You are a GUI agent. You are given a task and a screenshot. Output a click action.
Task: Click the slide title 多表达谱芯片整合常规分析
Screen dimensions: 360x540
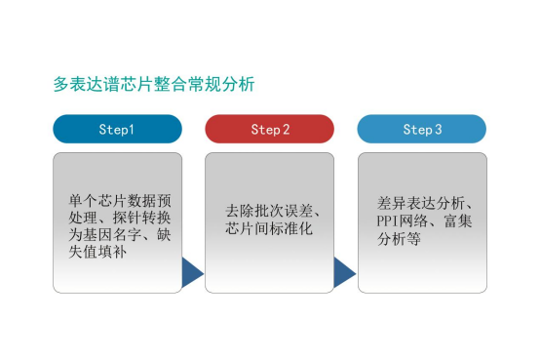coord(153,85)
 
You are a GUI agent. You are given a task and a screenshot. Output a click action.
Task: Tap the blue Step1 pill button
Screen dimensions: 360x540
coord(117,129)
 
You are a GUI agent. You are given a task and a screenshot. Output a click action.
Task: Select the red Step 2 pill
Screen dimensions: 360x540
coord(269,129)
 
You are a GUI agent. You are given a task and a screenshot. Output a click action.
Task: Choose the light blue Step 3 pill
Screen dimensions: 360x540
coord(421,129)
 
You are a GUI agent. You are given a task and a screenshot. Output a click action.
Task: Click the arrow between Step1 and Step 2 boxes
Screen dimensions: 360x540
coord(191,274)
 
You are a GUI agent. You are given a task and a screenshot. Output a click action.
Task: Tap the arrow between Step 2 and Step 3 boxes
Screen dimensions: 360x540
coord(343,274)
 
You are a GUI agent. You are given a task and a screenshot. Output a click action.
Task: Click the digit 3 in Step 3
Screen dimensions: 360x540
coord(438,129)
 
